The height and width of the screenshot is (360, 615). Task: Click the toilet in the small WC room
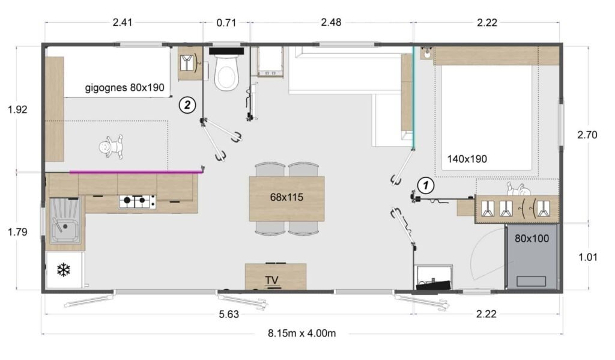[x=226, y=75]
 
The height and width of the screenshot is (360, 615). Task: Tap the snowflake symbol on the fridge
[x=63, y=270]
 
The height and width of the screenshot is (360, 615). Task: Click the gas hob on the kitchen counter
[x=138, y=202]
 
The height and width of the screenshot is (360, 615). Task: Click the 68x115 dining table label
[x=286, y=197]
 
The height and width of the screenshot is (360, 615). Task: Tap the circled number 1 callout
[x=426, y=186]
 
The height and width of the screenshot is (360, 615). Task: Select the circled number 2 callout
[x=187, y=105]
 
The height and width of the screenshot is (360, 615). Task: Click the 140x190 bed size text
[x=467, y=159]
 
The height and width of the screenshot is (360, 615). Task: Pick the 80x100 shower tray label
[x=532, y=238]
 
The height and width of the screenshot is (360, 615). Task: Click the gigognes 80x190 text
[x=124, y=88]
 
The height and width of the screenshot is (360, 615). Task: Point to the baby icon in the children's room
[x=112, y=146]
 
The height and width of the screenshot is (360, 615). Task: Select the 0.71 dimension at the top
[x=226, y=23]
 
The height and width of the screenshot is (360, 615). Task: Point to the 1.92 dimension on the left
[x=17, y=109]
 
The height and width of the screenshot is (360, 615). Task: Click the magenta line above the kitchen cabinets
[x=135, y=172]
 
